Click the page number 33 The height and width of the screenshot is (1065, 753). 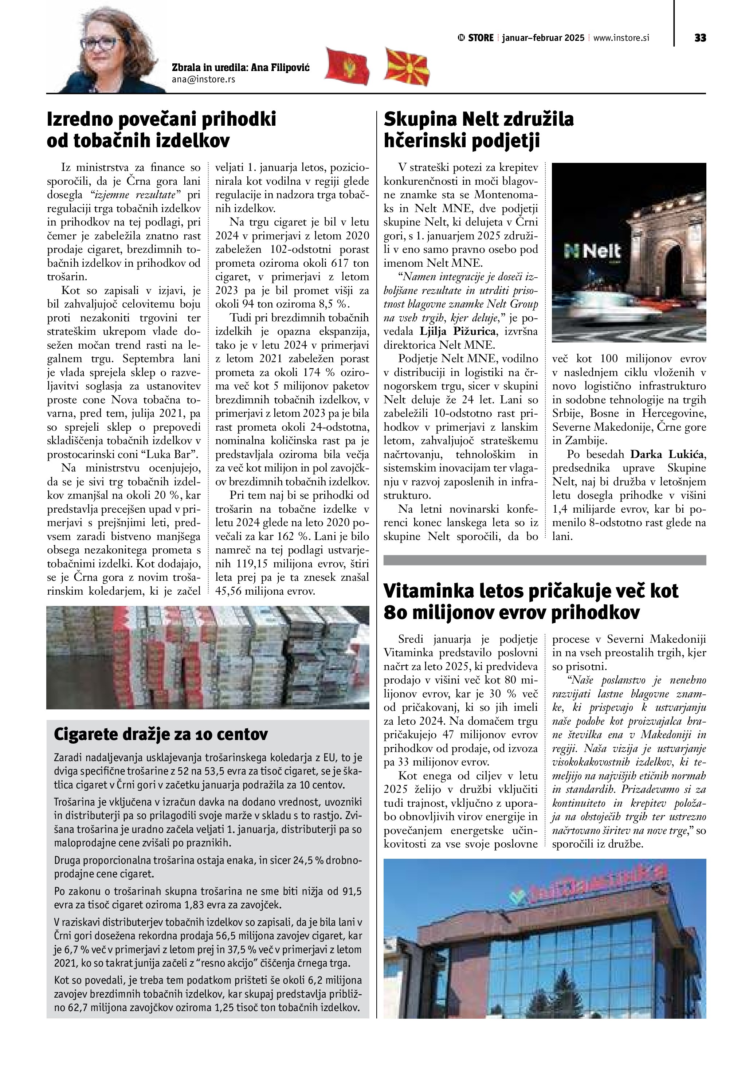coord(700,38)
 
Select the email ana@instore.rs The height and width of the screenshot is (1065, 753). coord(203,79)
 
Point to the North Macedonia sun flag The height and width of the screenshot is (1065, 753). coord(407,67)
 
